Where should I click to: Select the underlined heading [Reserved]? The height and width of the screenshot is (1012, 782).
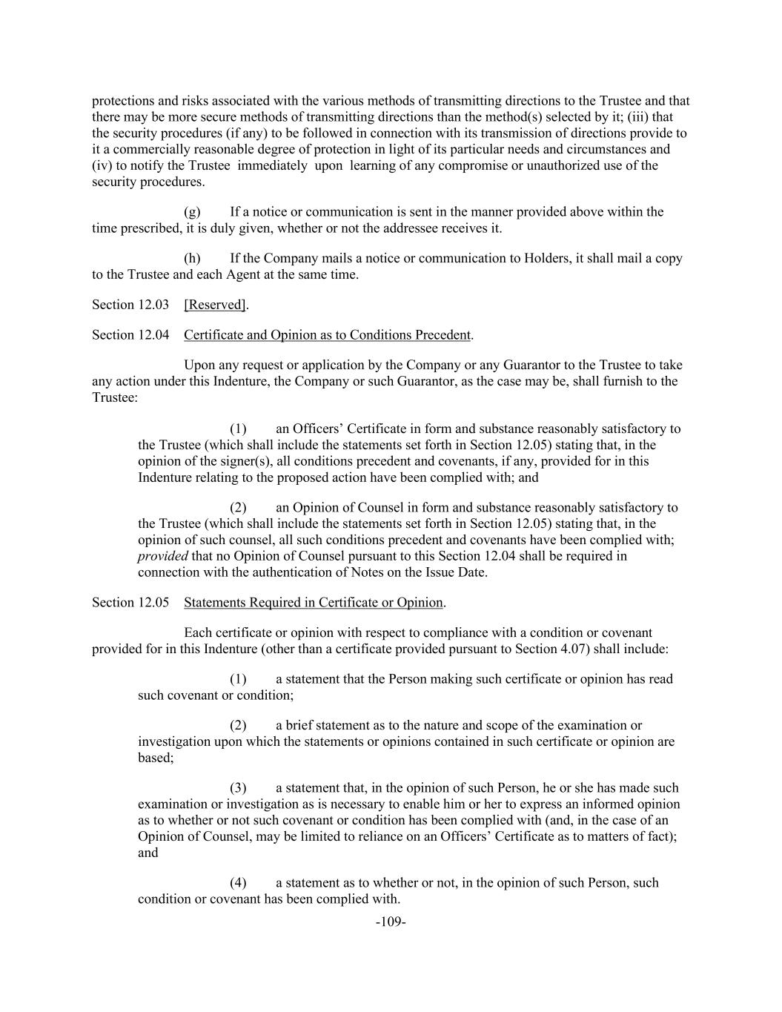[216, 305]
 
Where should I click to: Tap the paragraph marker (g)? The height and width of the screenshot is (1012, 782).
[192, 212]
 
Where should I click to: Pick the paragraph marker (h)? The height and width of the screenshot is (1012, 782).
[192, 259]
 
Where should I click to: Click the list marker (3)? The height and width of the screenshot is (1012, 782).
[238, 788]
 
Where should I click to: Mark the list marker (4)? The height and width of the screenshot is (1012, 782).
[238, 883]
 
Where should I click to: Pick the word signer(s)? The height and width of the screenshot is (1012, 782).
[249, 461]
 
